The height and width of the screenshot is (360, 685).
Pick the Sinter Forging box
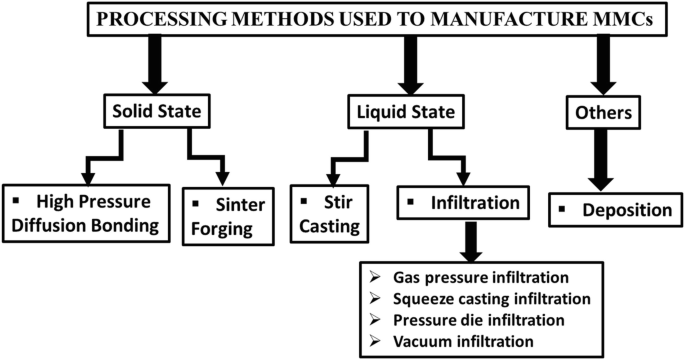coord(228,213)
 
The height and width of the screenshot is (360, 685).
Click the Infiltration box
coord(464,203)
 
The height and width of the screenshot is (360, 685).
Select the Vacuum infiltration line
coord(451,342)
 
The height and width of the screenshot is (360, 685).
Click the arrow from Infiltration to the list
coord(474,239)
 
